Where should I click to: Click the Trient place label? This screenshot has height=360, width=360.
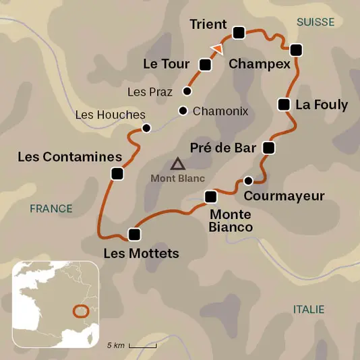[208, 24]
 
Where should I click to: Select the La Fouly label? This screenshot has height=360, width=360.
[322, 104]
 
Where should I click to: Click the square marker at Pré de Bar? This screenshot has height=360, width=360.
[268, 148]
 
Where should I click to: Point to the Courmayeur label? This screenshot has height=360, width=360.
[284, 196]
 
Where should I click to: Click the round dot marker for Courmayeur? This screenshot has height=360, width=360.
[248, 180]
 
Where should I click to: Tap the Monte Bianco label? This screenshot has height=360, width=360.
[231, 220]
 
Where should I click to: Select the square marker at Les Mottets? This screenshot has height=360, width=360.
[134, 235]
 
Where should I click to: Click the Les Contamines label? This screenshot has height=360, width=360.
[69, 157]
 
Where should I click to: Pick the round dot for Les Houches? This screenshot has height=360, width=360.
[146, 127]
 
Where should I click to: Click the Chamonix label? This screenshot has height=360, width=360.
[220, 111]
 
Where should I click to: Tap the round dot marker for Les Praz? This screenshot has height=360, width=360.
[187, 91]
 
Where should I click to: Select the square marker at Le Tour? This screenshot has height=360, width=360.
[206, 65]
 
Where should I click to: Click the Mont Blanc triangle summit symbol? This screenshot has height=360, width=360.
[177, 163]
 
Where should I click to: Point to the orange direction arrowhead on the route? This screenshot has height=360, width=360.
[217, 48]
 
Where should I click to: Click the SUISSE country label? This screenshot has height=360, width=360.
[315, 22]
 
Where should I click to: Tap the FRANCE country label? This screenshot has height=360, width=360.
[51, 208]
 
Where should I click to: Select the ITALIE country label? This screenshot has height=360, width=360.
[308, 309]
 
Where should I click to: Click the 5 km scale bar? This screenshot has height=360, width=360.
[142, 345]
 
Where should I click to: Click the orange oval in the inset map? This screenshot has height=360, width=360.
[81, 311]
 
